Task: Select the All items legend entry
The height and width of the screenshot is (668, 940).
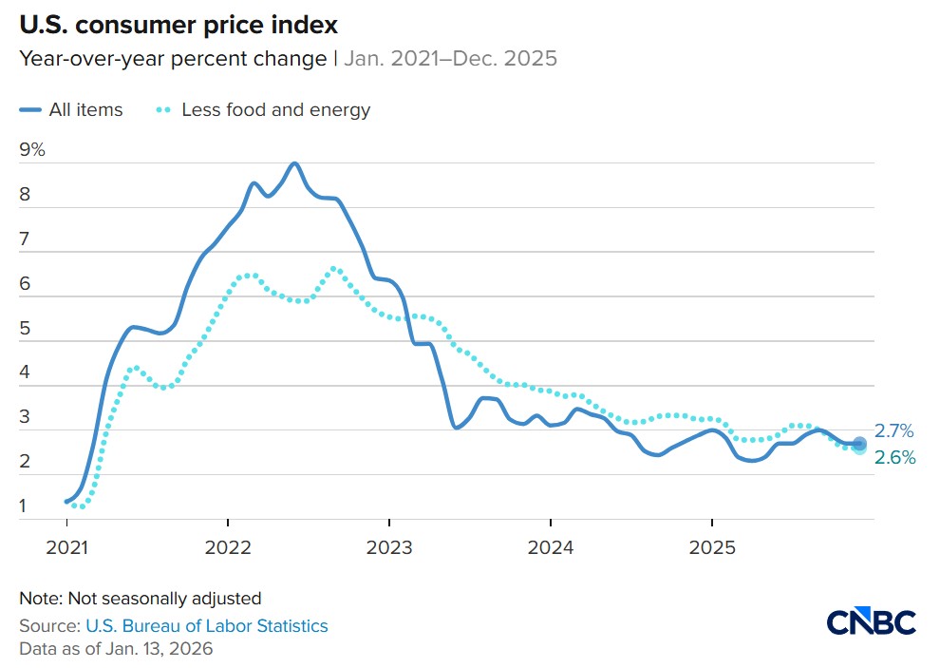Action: (x=71, y=110)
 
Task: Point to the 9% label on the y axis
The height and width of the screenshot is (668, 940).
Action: (x=32, y=150)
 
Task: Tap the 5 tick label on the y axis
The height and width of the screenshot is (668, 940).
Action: (x=25, y=330)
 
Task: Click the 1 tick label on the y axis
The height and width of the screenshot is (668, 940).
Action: (x=24, y=506)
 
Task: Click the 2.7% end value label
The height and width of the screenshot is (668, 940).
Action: (x=894, y=431)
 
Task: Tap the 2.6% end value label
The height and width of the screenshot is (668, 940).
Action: (x=895, y=458)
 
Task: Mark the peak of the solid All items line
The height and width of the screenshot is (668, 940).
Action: (x=294, y=163)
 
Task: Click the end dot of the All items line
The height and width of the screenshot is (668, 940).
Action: (x=859, y=443)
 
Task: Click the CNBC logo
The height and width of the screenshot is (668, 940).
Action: (x=871, y=622)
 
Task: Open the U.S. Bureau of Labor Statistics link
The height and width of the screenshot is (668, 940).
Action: (x=206, y=625)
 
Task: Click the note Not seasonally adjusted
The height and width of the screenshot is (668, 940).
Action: (x=140, y=599)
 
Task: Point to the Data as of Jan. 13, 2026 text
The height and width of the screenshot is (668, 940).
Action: (x=116, y=649)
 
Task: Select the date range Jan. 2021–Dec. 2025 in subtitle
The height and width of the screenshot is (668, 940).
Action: (x=449, y=59)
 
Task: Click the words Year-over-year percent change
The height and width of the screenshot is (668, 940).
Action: (x=173, y=59)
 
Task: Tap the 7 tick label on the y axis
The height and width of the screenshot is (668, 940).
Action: (x=25, y=240)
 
